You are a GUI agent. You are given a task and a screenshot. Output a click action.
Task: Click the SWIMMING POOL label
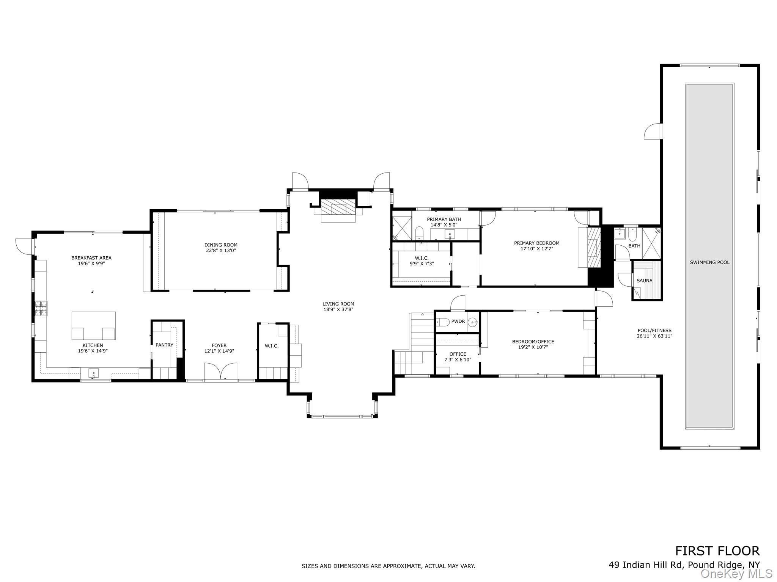[709, 262]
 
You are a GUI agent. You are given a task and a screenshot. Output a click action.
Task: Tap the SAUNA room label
[644, 281]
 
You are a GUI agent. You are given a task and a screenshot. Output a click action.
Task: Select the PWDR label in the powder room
[458, 321]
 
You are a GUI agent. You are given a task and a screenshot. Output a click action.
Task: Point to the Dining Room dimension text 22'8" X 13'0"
[221, 250]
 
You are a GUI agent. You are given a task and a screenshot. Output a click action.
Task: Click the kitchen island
[93, 325]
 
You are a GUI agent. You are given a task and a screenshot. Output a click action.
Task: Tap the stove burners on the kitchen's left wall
[41, 308]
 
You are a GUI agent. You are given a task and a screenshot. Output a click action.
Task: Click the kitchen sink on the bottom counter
[93, 373]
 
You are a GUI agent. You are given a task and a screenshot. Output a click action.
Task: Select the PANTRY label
[164, 345]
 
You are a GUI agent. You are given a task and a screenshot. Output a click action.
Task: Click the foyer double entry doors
[220, 371]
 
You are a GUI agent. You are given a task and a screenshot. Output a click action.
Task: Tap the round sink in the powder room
[473, 322]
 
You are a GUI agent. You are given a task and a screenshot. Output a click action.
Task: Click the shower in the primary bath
[401, 228]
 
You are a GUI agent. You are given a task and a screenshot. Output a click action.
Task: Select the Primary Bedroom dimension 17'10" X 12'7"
[536, 249]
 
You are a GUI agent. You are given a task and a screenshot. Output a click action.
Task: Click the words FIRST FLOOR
[717, 561]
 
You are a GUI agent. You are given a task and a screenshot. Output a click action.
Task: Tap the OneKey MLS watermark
[736, 574]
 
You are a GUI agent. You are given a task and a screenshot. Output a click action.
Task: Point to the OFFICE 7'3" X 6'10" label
[458, 357]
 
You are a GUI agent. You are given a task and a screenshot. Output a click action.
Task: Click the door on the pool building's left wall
[653, 132]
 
